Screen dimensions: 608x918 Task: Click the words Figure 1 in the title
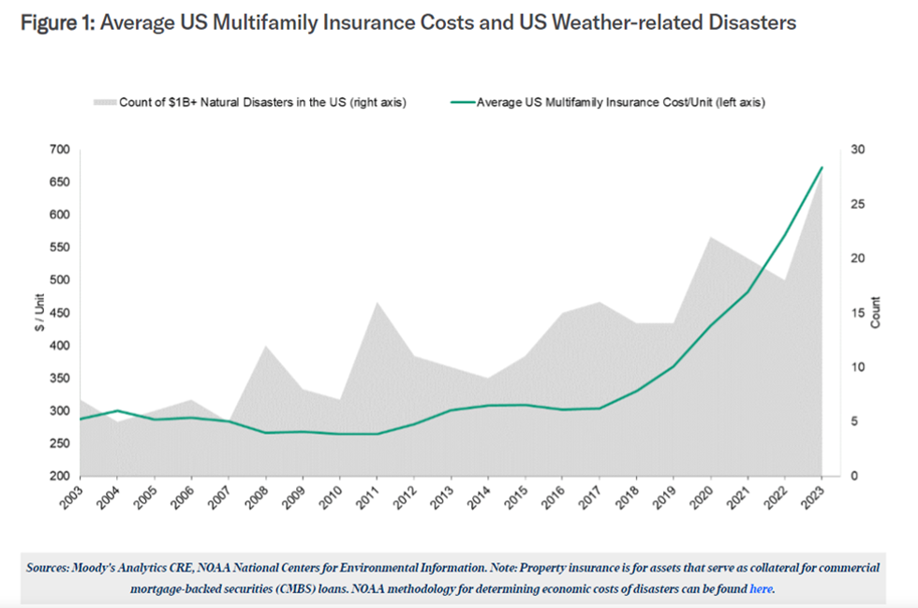(54, 22)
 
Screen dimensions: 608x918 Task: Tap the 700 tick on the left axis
(59, 150)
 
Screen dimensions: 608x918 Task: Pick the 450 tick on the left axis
(59, 313)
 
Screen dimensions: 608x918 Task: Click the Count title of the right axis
(875, 313)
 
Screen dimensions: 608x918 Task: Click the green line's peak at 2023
(822, 168)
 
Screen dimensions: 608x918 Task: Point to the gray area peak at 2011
(377, 303)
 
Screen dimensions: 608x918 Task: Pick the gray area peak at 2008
(265, 346)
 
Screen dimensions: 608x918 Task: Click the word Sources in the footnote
(60, 567)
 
